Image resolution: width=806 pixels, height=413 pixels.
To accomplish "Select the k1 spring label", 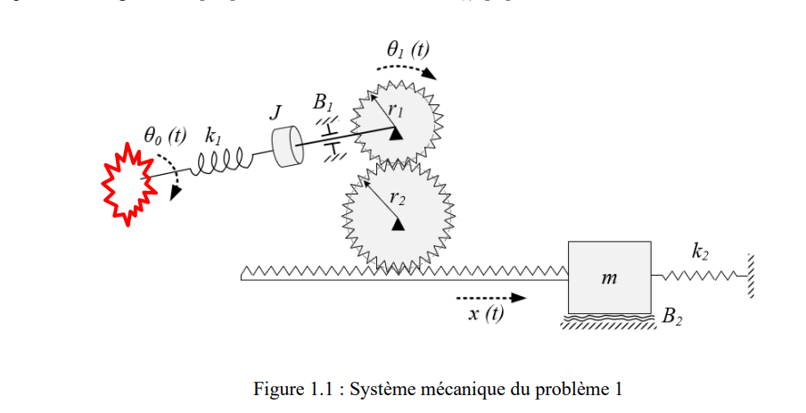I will point(213,136).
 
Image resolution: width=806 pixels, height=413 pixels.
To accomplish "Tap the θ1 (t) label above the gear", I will point(407,50).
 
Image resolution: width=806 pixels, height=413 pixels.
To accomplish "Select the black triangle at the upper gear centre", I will point(393,132).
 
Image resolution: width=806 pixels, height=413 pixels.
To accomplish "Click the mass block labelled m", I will point(609,277).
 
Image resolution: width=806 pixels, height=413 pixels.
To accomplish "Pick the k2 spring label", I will point(700,252).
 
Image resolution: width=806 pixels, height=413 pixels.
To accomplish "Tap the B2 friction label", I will point(672,318).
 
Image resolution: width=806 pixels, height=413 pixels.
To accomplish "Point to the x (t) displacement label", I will point(486,314).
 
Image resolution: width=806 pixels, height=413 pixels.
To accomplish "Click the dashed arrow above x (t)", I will point(489,298).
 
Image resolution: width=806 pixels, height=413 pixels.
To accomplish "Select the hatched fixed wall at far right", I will point(752,277).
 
